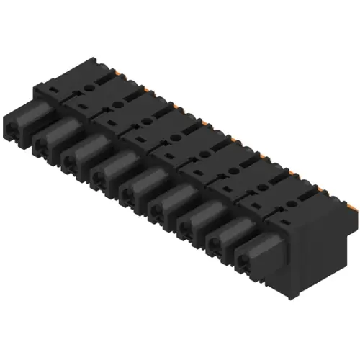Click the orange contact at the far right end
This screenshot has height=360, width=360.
click(x=352, y=205)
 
